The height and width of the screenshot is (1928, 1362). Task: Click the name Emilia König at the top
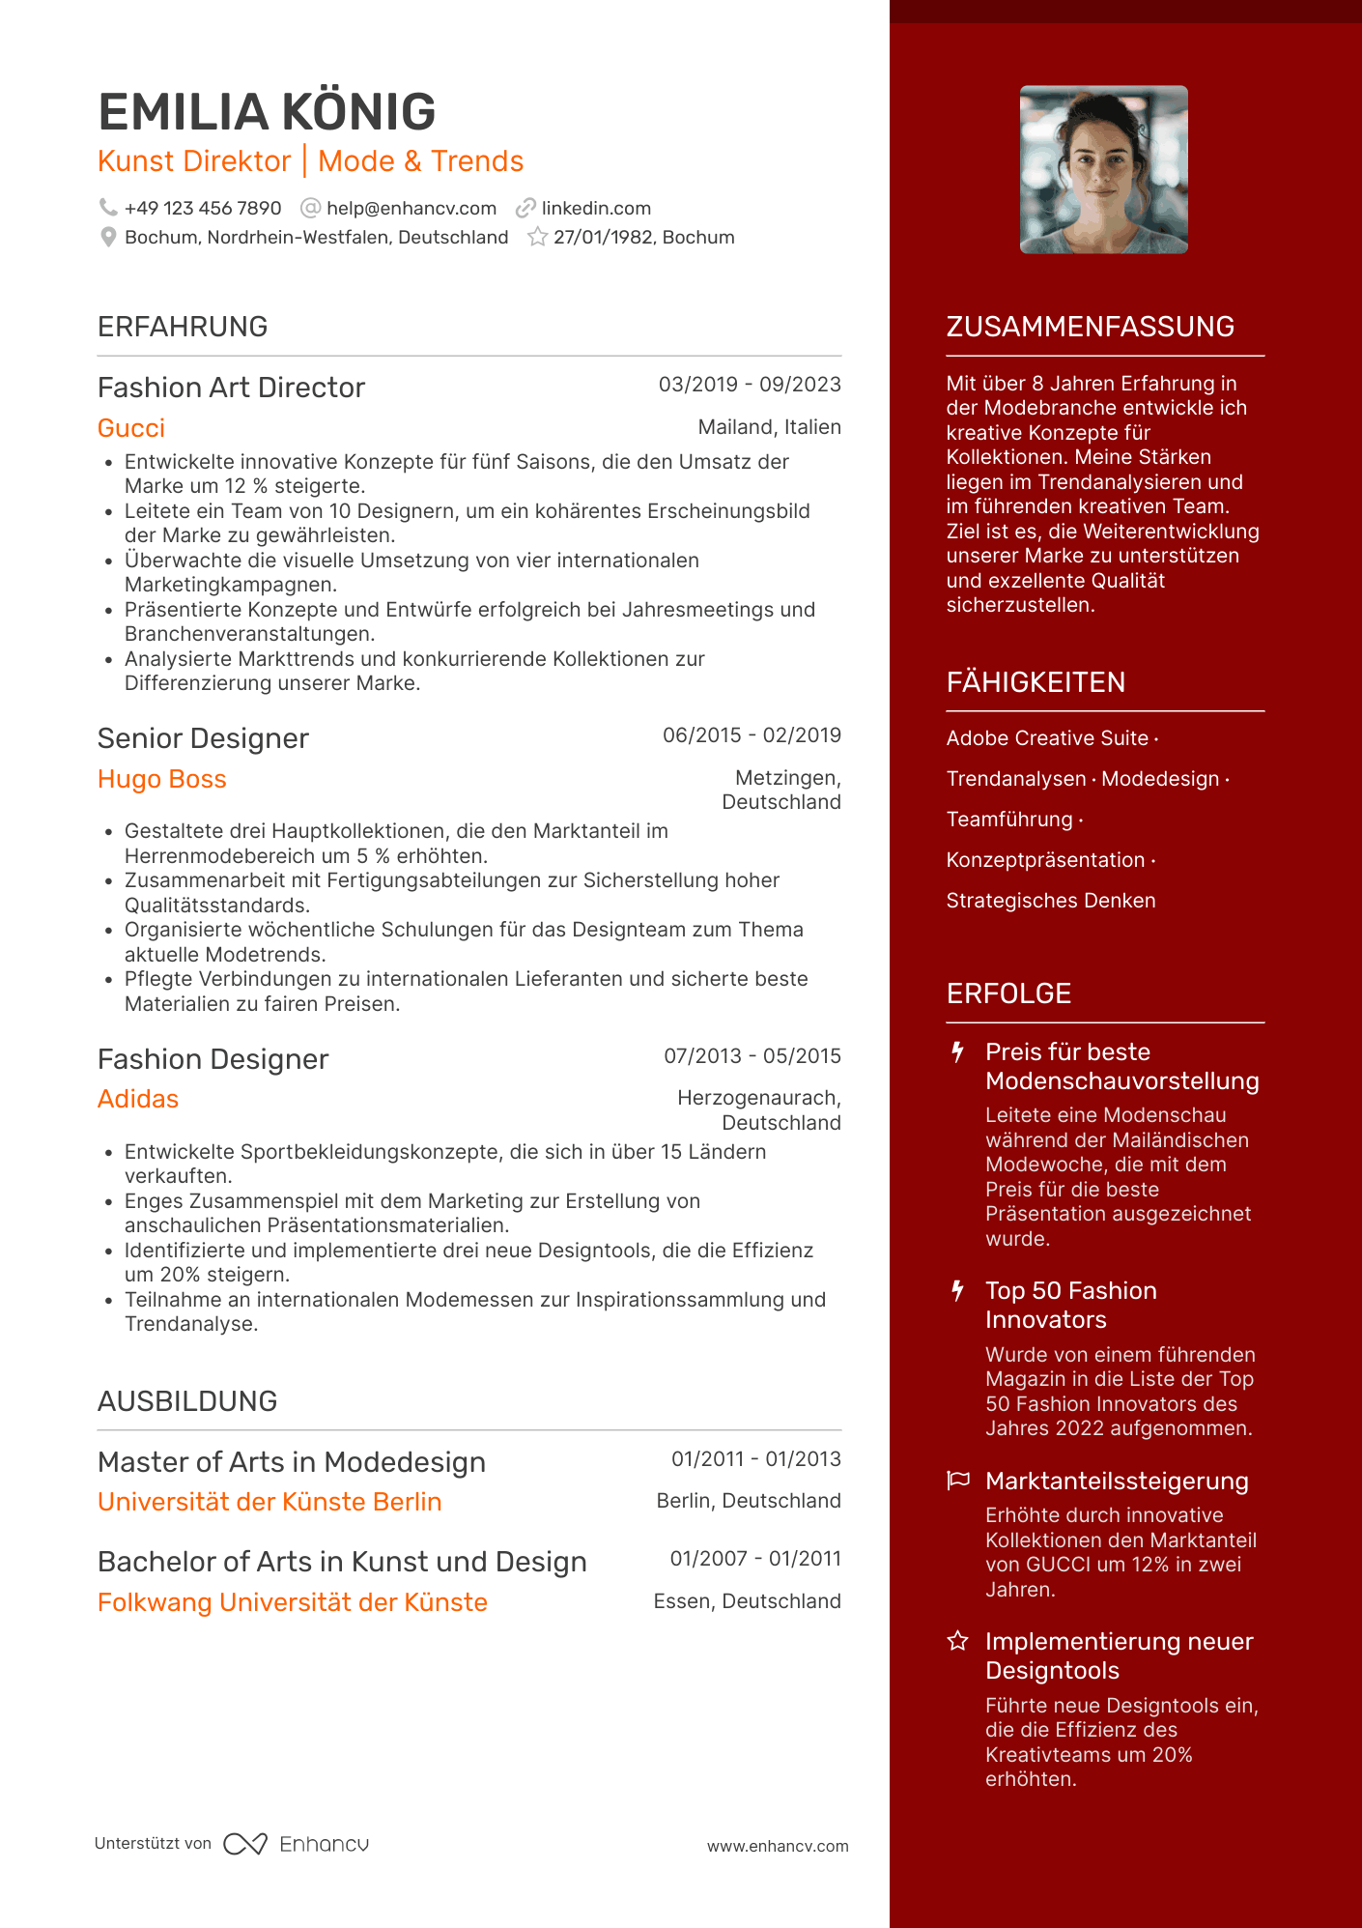click(267, 112)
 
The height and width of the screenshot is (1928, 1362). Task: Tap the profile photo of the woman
click(1103, 170)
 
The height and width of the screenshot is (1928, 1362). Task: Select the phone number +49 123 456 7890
click(203, 209)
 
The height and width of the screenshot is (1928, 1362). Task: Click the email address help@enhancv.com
click(411, 209)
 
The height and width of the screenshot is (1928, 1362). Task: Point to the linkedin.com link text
click(596, 209)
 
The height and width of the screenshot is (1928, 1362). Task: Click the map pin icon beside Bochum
click(108, 238)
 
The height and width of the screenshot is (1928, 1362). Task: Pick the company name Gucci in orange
click(131, 428)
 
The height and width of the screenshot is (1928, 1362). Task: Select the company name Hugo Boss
click(162, 779)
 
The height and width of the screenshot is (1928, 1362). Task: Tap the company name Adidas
click(138, 1099)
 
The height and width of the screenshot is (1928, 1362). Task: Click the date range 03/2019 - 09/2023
click(750, 385)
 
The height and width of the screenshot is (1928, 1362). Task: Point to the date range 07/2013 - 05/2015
click(752, 1056)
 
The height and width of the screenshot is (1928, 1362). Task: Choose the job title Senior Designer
click(203, 738)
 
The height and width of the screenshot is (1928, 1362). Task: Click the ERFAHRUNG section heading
click(183, 327)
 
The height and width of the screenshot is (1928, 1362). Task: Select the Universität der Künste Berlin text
click(270, 1502)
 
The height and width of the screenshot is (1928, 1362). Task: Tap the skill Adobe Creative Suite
click(1047, 738)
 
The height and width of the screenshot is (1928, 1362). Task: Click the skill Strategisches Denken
click(1051, 901)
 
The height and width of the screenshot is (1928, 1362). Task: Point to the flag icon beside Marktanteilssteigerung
click(958, 1481)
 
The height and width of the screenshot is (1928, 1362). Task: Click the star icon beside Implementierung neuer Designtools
click(958, 1641)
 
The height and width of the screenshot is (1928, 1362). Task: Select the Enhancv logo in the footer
click(296, 1844)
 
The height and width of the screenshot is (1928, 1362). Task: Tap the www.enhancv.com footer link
click(778, 1846)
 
